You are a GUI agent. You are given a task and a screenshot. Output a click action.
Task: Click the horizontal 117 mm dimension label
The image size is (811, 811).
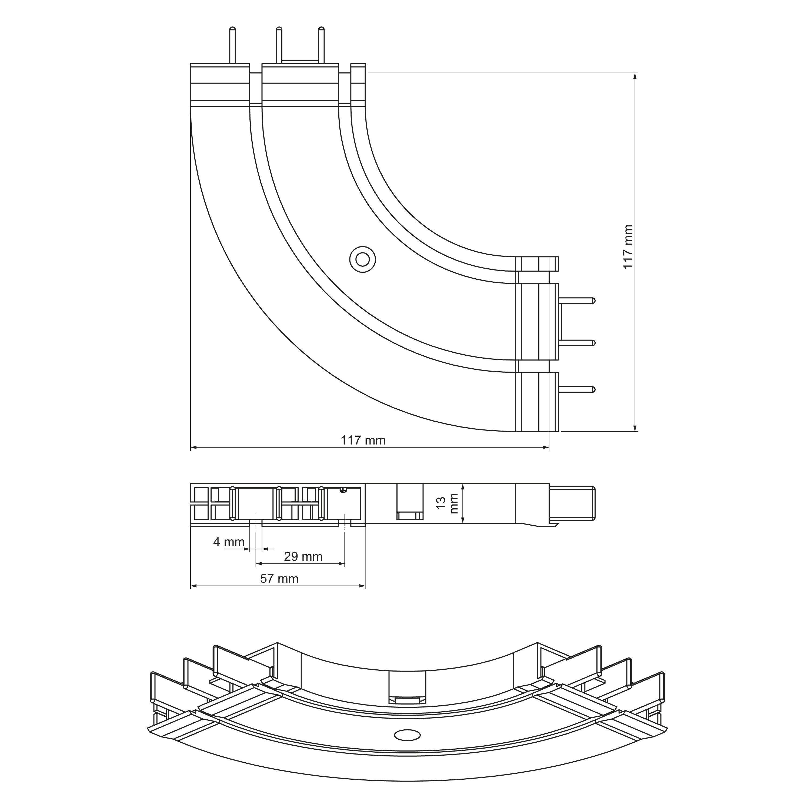coord(363,440)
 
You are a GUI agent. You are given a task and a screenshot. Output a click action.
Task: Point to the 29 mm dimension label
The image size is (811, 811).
coord(303,557)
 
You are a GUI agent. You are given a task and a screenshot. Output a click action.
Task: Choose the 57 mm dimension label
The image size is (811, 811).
coord(279,579)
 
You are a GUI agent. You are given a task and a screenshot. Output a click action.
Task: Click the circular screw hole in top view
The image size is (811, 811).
coord(363,259)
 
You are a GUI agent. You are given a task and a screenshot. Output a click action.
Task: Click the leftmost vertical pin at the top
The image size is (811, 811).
coord(232,45)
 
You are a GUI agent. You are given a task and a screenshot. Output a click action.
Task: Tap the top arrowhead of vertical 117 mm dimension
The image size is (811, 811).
coord(635,76)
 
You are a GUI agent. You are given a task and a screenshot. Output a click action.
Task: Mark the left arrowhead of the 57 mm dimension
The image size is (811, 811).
coord(193,586)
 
